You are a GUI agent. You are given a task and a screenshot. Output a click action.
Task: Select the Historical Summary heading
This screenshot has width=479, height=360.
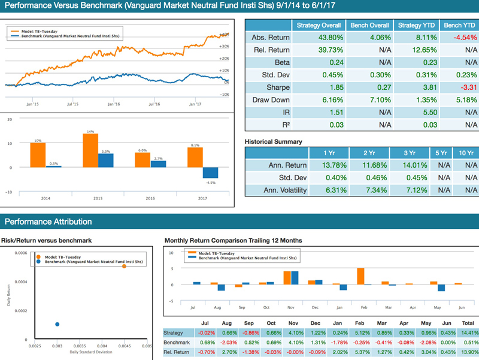pos(273,141)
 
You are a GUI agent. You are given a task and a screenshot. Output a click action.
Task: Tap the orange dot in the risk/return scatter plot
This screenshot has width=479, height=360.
pos(124,266)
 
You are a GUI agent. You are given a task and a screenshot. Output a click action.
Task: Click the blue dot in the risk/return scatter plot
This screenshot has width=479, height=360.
pos(57,324)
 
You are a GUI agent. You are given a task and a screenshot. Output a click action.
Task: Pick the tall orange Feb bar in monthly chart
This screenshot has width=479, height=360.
pos(360,276)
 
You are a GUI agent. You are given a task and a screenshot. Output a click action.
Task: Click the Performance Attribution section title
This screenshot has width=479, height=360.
pos(48,222)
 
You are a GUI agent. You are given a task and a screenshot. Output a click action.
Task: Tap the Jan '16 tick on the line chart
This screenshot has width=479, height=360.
pos(113,104)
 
